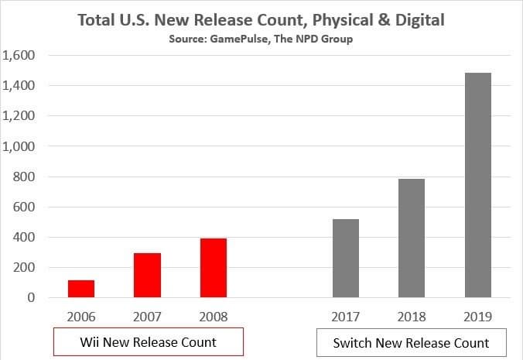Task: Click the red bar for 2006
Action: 81,289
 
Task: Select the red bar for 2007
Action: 147,275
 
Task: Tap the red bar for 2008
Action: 214,268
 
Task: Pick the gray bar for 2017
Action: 346,258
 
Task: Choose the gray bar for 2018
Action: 412,238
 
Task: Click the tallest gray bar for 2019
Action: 478,185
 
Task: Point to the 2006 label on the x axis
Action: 81,316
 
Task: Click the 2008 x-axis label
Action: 214,316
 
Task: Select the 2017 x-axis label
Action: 346,316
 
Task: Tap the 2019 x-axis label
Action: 478,316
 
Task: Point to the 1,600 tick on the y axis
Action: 19,56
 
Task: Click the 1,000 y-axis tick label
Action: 19,146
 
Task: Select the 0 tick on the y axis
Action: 32,297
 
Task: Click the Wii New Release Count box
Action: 149,341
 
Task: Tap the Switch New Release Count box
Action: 411,342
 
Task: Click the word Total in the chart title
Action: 97,19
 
